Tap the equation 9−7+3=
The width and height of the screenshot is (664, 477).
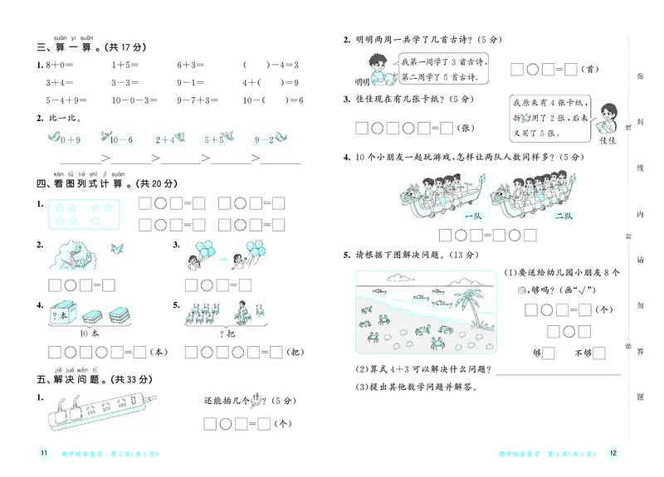[197, 100]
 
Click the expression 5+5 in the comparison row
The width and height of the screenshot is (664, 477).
[214, 140]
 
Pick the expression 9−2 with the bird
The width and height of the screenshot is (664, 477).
[264, 140]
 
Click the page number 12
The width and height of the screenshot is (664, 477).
[613, 453]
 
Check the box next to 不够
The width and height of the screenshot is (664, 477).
[598, 353]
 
